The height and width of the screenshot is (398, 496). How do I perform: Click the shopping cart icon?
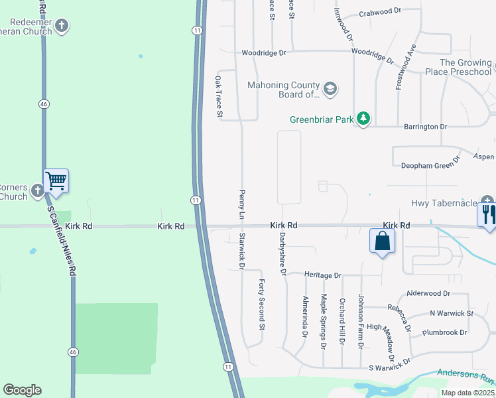click(x=56, y=180)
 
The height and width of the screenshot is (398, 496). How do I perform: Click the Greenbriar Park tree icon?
click(x=363, y=119)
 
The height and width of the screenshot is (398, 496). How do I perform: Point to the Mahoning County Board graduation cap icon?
click(x=330, y=88)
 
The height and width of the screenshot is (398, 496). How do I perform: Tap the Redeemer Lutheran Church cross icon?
click(x=62, y=26)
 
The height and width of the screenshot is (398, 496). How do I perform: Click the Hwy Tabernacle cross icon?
click(x=488, y=201)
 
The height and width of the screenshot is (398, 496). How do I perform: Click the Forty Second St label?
click(x=262, y=304)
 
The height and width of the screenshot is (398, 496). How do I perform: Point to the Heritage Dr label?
click(x=322, y=274)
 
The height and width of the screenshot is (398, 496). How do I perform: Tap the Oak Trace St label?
click(x=218, y=97)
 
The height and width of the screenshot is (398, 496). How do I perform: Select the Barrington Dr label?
click(x=426, y=126)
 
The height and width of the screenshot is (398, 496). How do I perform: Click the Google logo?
click(x=22, y=390)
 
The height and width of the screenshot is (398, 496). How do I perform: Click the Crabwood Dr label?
click(x=381, y=12)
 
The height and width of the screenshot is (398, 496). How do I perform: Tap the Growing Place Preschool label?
click(x=465, y=67)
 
